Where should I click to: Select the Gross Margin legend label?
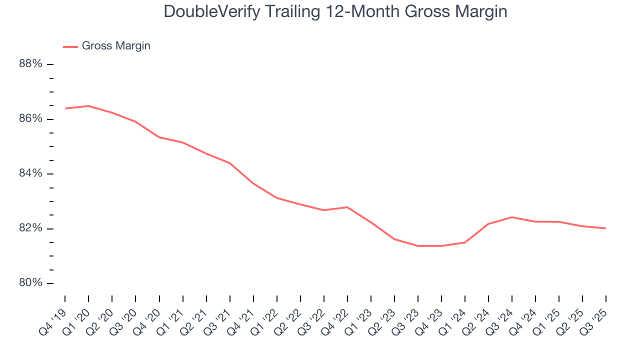pos(116,46)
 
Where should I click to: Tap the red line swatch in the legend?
pos(70,47)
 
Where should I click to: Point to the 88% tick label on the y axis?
pos(30,64)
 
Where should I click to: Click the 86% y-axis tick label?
pos(30,119)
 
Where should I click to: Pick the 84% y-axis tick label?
pos(30,174)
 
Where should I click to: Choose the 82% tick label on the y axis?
pos(30,228)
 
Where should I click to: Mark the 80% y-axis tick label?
pos(30,283)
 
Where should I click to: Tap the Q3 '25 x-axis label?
pos(595,315)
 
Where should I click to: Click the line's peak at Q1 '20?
pos(88,106)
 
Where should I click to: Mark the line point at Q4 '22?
pos(347,207)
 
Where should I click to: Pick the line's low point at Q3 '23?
pos(418,246)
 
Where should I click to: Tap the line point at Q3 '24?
pos(512,217)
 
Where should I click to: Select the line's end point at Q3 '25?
pos(606,228)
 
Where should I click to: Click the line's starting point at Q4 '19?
pos(65,108)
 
